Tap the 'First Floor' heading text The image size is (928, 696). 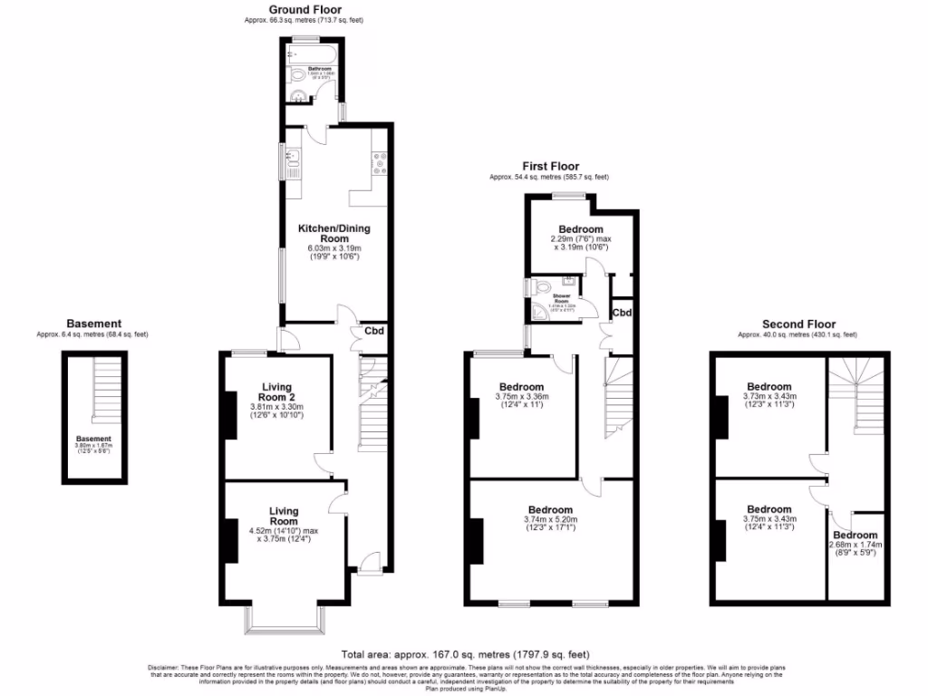click(550, 166)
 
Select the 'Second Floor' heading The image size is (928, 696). click(798, 324)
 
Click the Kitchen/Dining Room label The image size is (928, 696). click(333, 233)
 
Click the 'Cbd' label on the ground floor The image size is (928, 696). click(374, 331)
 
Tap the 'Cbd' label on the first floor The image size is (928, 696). click(622, 313)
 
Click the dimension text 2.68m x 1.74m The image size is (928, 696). click(855, 546)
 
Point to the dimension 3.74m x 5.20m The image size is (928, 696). click(550, 519)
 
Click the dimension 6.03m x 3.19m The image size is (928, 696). click(333, 248)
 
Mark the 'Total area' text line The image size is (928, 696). click(465, 653)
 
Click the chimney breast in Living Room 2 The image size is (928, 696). click(230, 414)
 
